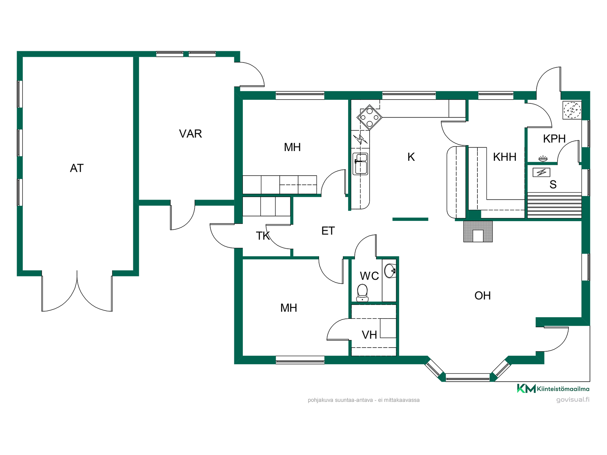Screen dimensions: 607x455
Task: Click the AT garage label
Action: click(x=77, y=168)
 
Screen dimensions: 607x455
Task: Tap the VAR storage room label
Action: click(x=190, y=134)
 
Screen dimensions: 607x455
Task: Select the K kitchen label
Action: click(x=411, y=157)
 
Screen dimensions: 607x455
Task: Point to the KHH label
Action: click(x=505, y=157)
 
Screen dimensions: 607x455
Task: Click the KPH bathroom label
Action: click(x=554, y=139)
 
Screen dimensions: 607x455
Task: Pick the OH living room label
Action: click(x=482, y=296)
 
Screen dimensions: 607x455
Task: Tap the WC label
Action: click(x=369, y=276)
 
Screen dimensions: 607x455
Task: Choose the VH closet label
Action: click(x=369, y=335)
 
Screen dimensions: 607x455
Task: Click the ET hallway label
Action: click(x=328, y=231)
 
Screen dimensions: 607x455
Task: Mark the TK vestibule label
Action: click(x=263, y=236)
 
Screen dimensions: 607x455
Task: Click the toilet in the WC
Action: click(x=362, y=293)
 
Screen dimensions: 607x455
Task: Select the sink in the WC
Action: click(x=390, y=271)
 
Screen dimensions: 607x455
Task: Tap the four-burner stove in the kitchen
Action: click(x=369, y=117)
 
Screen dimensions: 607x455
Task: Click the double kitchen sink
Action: click(x=360, y=163)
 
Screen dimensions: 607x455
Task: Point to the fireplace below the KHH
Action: click(x=478, y=232)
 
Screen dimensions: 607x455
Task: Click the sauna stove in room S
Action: click(x=542, y=172)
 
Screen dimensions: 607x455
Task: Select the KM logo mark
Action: click(x=526, y=388)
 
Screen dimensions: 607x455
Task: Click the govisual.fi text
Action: click(x=573, y=400)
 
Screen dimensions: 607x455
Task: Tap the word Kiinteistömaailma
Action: click(x=563, y=389)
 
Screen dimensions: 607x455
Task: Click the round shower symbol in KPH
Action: click(x=572, y=110)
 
